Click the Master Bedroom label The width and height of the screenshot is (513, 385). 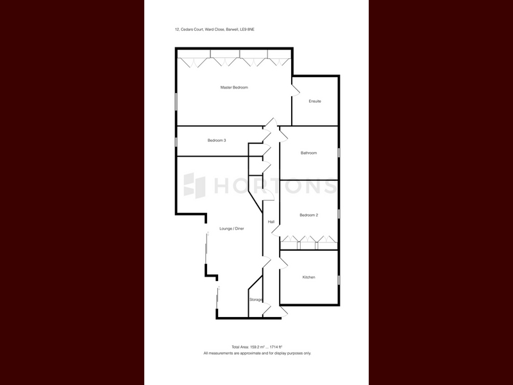click(234, 87)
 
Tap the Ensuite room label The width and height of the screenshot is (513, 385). click(315, 101)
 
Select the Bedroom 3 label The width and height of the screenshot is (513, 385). click(217, 141)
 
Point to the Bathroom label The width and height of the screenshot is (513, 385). click(308, 153)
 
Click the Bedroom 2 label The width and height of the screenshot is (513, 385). click(309, 215)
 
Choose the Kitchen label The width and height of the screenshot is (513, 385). click(308, 277)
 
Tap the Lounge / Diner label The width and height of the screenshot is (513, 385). click(231, 228)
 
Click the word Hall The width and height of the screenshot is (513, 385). click(271, 222)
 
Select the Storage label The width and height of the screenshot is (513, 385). click(256, 300)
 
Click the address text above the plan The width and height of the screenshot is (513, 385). click(215, 30)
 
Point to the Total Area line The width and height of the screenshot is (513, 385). click(257, 347)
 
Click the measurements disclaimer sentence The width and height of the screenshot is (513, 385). click(257, 354)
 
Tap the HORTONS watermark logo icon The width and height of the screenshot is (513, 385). click(194, 185)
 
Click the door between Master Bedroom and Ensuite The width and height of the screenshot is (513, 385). click(296, 90)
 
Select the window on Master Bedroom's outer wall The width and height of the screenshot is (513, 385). click(176, 101)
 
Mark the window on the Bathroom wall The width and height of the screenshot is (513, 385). click(339, 153)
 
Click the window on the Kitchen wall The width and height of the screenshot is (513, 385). click(339, 280)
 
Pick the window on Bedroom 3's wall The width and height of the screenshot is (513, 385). click(176, 142)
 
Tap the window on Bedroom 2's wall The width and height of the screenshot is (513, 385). click(339, 214)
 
